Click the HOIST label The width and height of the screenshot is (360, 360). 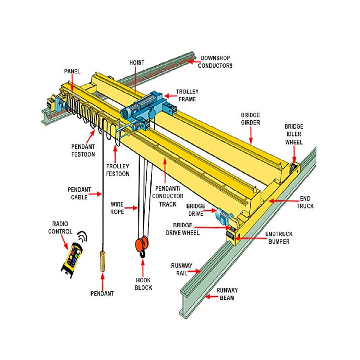(137, 63)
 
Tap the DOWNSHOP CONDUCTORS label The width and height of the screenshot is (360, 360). (216, 62)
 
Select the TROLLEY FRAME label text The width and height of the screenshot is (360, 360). (187, 95)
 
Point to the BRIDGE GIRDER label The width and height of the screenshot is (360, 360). (250, 118)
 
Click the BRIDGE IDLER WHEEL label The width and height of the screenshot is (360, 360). (294, 134)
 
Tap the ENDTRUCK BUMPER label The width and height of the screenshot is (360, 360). (277, 238)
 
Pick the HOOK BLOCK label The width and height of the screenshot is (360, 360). (144, 283)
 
